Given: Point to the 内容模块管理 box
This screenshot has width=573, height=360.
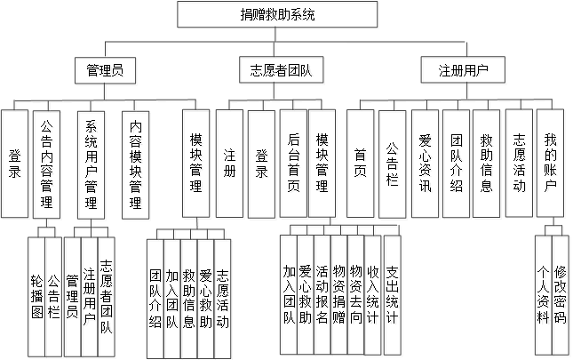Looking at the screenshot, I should [x=137, y=164].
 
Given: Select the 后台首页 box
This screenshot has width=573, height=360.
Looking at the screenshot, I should [x=294, y=164].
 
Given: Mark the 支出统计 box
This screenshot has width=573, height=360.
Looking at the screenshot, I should [x=393, y=293].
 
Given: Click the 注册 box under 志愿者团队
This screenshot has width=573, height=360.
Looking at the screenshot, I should [x=231, y=164].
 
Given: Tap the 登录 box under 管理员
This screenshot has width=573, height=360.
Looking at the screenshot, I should [x=15, y=164].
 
